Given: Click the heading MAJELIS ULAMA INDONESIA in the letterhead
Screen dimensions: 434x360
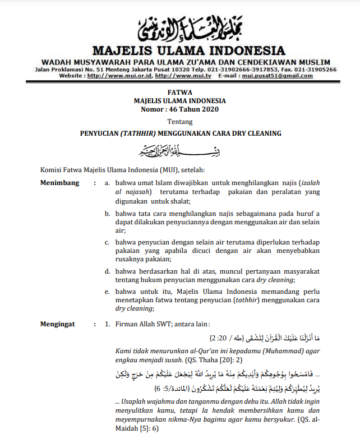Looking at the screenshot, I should pyautogui.click(x=180, y=51).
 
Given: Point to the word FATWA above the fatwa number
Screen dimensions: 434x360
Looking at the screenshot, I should pyautogui.click(x=179, y=92).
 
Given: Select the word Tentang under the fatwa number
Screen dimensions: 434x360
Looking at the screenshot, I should pyautogui.click(x=179, y=121).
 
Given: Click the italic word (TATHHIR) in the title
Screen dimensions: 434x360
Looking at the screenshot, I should pyautogui.click(x=138, y=133).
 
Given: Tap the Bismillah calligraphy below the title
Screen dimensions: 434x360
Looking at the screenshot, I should pyautogui.click(x=179, y=151).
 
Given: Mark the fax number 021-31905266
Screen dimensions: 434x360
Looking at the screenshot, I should pyautogui.click(x=315, y=69).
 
